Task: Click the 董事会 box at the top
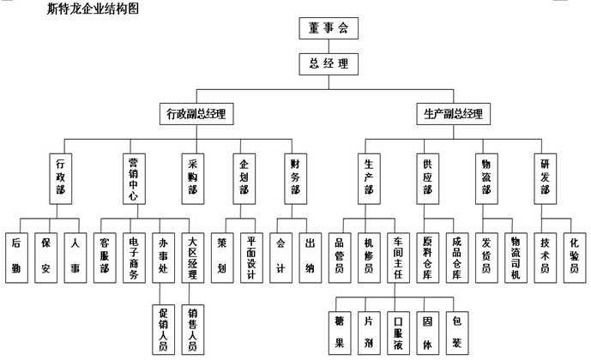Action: [x=329, y=28]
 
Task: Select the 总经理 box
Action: [x=329, y=64]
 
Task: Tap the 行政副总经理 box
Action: [x=196, y=114]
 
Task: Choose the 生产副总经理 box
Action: [x=454, y=114]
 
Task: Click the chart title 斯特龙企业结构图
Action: [x=93, y=9]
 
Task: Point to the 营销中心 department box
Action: [x=134, y=179]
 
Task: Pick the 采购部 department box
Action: [x=193, y=179]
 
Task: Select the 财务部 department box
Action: [x=295, y=179]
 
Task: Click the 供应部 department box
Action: [x=427, y=179]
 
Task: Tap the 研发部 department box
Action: [x=545, y=179]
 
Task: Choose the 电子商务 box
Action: [x=134, y=258]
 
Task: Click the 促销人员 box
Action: [x=163, y=329]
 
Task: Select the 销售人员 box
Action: [x=193, y=329]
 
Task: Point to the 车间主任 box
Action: [x=398, y=258]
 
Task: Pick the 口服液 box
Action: [x=398, y=333]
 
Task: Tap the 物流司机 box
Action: [x=516, y=258]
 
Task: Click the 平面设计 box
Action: [x=251, y=258]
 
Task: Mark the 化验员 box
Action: [x=575, y=258]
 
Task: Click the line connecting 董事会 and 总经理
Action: [x=329, y=46]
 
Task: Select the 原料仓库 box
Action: [x=427, y=258]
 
